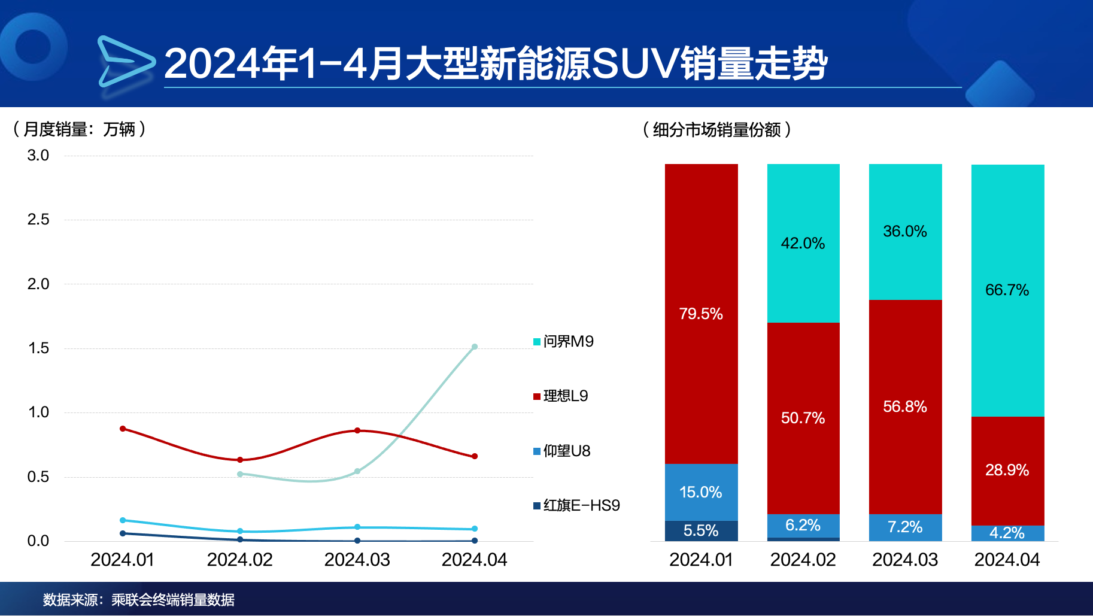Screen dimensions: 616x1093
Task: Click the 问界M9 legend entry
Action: pos(563,341)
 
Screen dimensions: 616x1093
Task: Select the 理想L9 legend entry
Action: pos(561,396)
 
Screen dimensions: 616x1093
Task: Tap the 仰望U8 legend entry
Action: pos(562,451)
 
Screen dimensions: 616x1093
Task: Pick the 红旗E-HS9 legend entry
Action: pos(576,505)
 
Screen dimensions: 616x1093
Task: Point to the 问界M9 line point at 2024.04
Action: pos(475,347)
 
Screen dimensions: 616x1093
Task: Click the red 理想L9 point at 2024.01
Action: pos(123,429)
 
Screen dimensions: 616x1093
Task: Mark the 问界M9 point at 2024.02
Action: pos(240,474)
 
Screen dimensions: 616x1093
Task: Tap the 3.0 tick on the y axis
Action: pos(38,156)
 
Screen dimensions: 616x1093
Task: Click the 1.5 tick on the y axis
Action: pos(38,348)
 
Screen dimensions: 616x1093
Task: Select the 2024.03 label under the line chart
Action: pos(357,560)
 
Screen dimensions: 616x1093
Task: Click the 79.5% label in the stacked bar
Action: pos(701,314)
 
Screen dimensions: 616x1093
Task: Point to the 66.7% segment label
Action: pos(1007,290)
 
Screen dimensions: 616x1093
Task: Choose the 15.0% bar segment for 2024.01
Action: pos(701,492)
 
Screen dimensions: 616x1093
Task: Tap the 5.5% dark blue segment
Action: pos(701,530)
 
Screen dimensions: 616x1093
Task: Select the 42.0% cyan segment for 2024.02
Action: pos(803,243)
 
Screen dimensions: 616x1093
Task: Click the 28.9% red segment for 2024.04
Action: pos(1007,470)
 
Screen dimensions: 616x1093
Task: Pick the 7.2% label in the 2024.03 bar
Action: pos(905,527)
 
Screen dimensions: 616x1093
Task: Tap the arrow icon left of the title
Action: pos(125,61)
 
